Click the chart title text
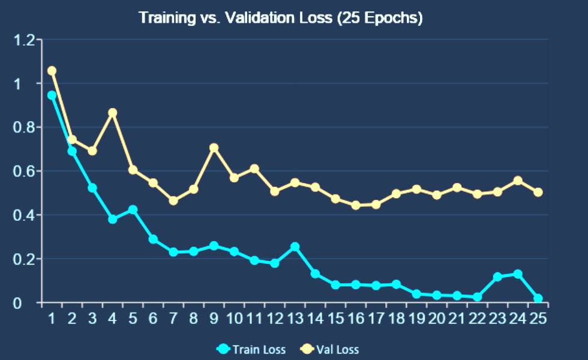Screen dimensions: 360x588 [x=281, y=18]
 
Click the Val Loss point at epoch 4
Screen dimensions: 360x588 [x=112, y=113]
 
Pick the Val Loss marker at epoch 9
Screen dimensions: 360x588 [x=214, y=148]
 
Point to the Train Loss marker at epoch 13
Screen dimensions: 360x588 [x=295, y=247]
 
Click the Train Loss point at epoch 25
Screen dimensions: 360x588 [x=538, y=298]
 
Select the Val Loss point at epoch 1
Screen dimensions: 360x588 [x=52, y=71]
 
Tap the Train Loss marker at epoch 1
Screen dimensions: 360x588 [x=52, y=95]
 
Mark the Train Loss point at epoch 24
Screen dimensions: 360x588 [x=518, y=274]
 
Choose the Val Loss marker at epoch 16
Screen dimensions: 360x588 [x=356, y=205]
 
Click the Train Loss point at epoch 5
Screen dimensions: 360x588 [x=133, y=210]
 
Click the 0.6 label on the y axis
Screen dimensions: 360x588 [x=24, y=172]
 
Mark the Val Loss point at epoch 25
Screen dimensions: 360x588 [x=538, y=192]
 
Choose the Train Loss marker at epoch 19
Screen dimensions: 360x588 [x=416, y=294]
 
